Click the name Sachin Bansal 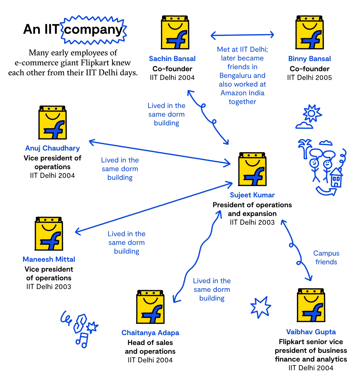coord(172,59)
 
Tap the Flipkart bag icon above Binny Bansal coord(309,32)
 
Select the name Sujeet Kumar coord(252,195)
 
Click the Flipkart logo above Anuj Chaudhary coord(53,123)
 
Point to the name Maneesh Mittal coord(49,260)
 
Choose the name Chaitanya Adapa coord(150,333)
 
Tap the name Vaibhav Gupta coord(311,332)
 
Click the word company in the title coord(93,30)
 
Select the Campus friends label coord(326,258)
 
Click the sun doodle coord(312,113)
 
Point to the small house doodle coord(336,178)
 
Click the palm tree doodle coord(305,148)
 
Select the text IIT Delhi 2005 coord(309,78)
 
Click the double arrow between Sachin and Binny coord(242,35)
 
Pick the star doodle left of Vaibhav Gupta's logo coord(260,307)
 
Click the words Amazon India coord(242,93)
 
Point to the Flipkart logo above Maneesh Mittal coord(49,234)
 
